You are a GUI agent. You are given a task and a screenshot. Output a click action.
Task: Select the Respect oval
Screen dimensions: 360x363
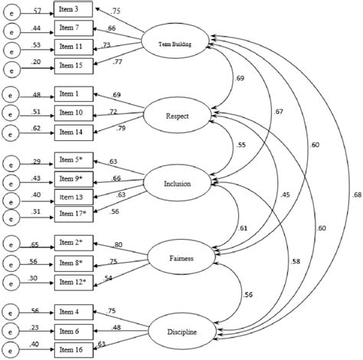point(178,116)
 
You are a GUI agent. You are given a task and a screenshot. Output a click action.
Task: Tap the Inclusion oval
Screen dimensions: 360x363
point(178,184)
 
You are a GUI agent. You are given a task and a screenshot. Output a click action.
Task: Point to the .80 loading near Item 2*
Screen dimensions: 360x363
point(117,245)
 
